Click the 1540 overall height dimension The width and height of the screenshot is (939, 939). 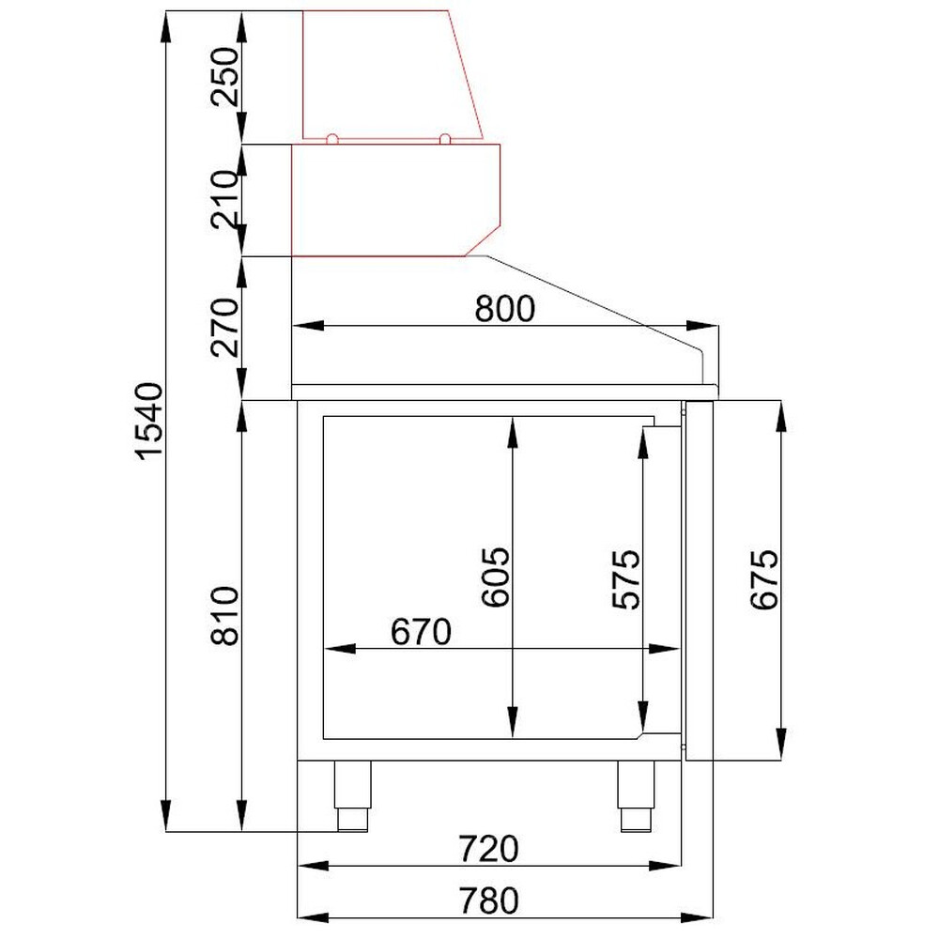pyautogui.click(x=149, y=421)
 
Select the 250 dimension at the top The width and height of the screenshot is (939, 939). pyautogui.click(x=225, y=77)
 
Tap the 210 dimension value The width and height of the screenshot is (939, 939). pyautogui.click(x=225, y=199)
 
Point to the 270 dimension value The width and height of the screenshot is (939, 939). pyautogui.click(x=225, y=327)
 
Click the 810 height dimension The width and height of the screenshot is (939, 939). pyautogui.click(x=225, y=616)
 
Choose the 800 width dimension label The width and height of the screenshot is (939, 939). pyautogui.click(x=505, y=309)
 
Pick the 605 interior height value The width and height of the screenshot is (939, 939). pyautogui.click(x=496, y=577)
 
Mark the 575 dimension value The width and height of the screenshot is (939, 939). pyautogui.click(x=626, y=579)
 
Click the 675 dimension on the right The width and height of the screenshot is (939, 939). pyautogui.click(x=764, y=579)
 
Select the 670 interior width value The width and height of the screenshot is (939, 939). pyautogui.click(x=421, y=632)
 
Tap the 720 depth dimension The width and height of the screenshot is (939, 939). pyautogui.click(x=488, y=849)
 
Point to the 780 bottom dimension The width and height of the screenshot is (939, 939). pyautogui.click(x=488, y=901)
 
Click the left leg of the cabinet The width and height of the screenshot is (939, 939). pyautogui.click(x=352, y=796)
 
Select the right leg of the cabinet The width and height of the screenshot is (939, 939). pyautogui.click(x=636, y=796)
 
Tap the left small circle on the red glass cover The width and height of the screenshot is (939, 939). pyautogui.click(x=332, y=139)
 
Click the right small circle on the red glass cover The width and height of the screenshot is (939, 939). pyautogui.click(x=445, y=139)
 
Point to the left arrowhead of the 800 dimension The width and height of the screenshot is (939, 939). pyautogui.click(x=308, y=326)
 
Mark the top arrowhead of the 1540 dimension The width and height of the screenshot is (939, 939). pyautogui.click(x=166, y=27)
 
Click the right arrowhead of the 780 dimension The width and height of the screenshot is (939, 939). pyautogui.click(x=697, y=916)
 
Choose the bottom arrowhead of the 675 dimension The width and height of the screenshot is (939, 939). pyautogui.click(x=781, y=745)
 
